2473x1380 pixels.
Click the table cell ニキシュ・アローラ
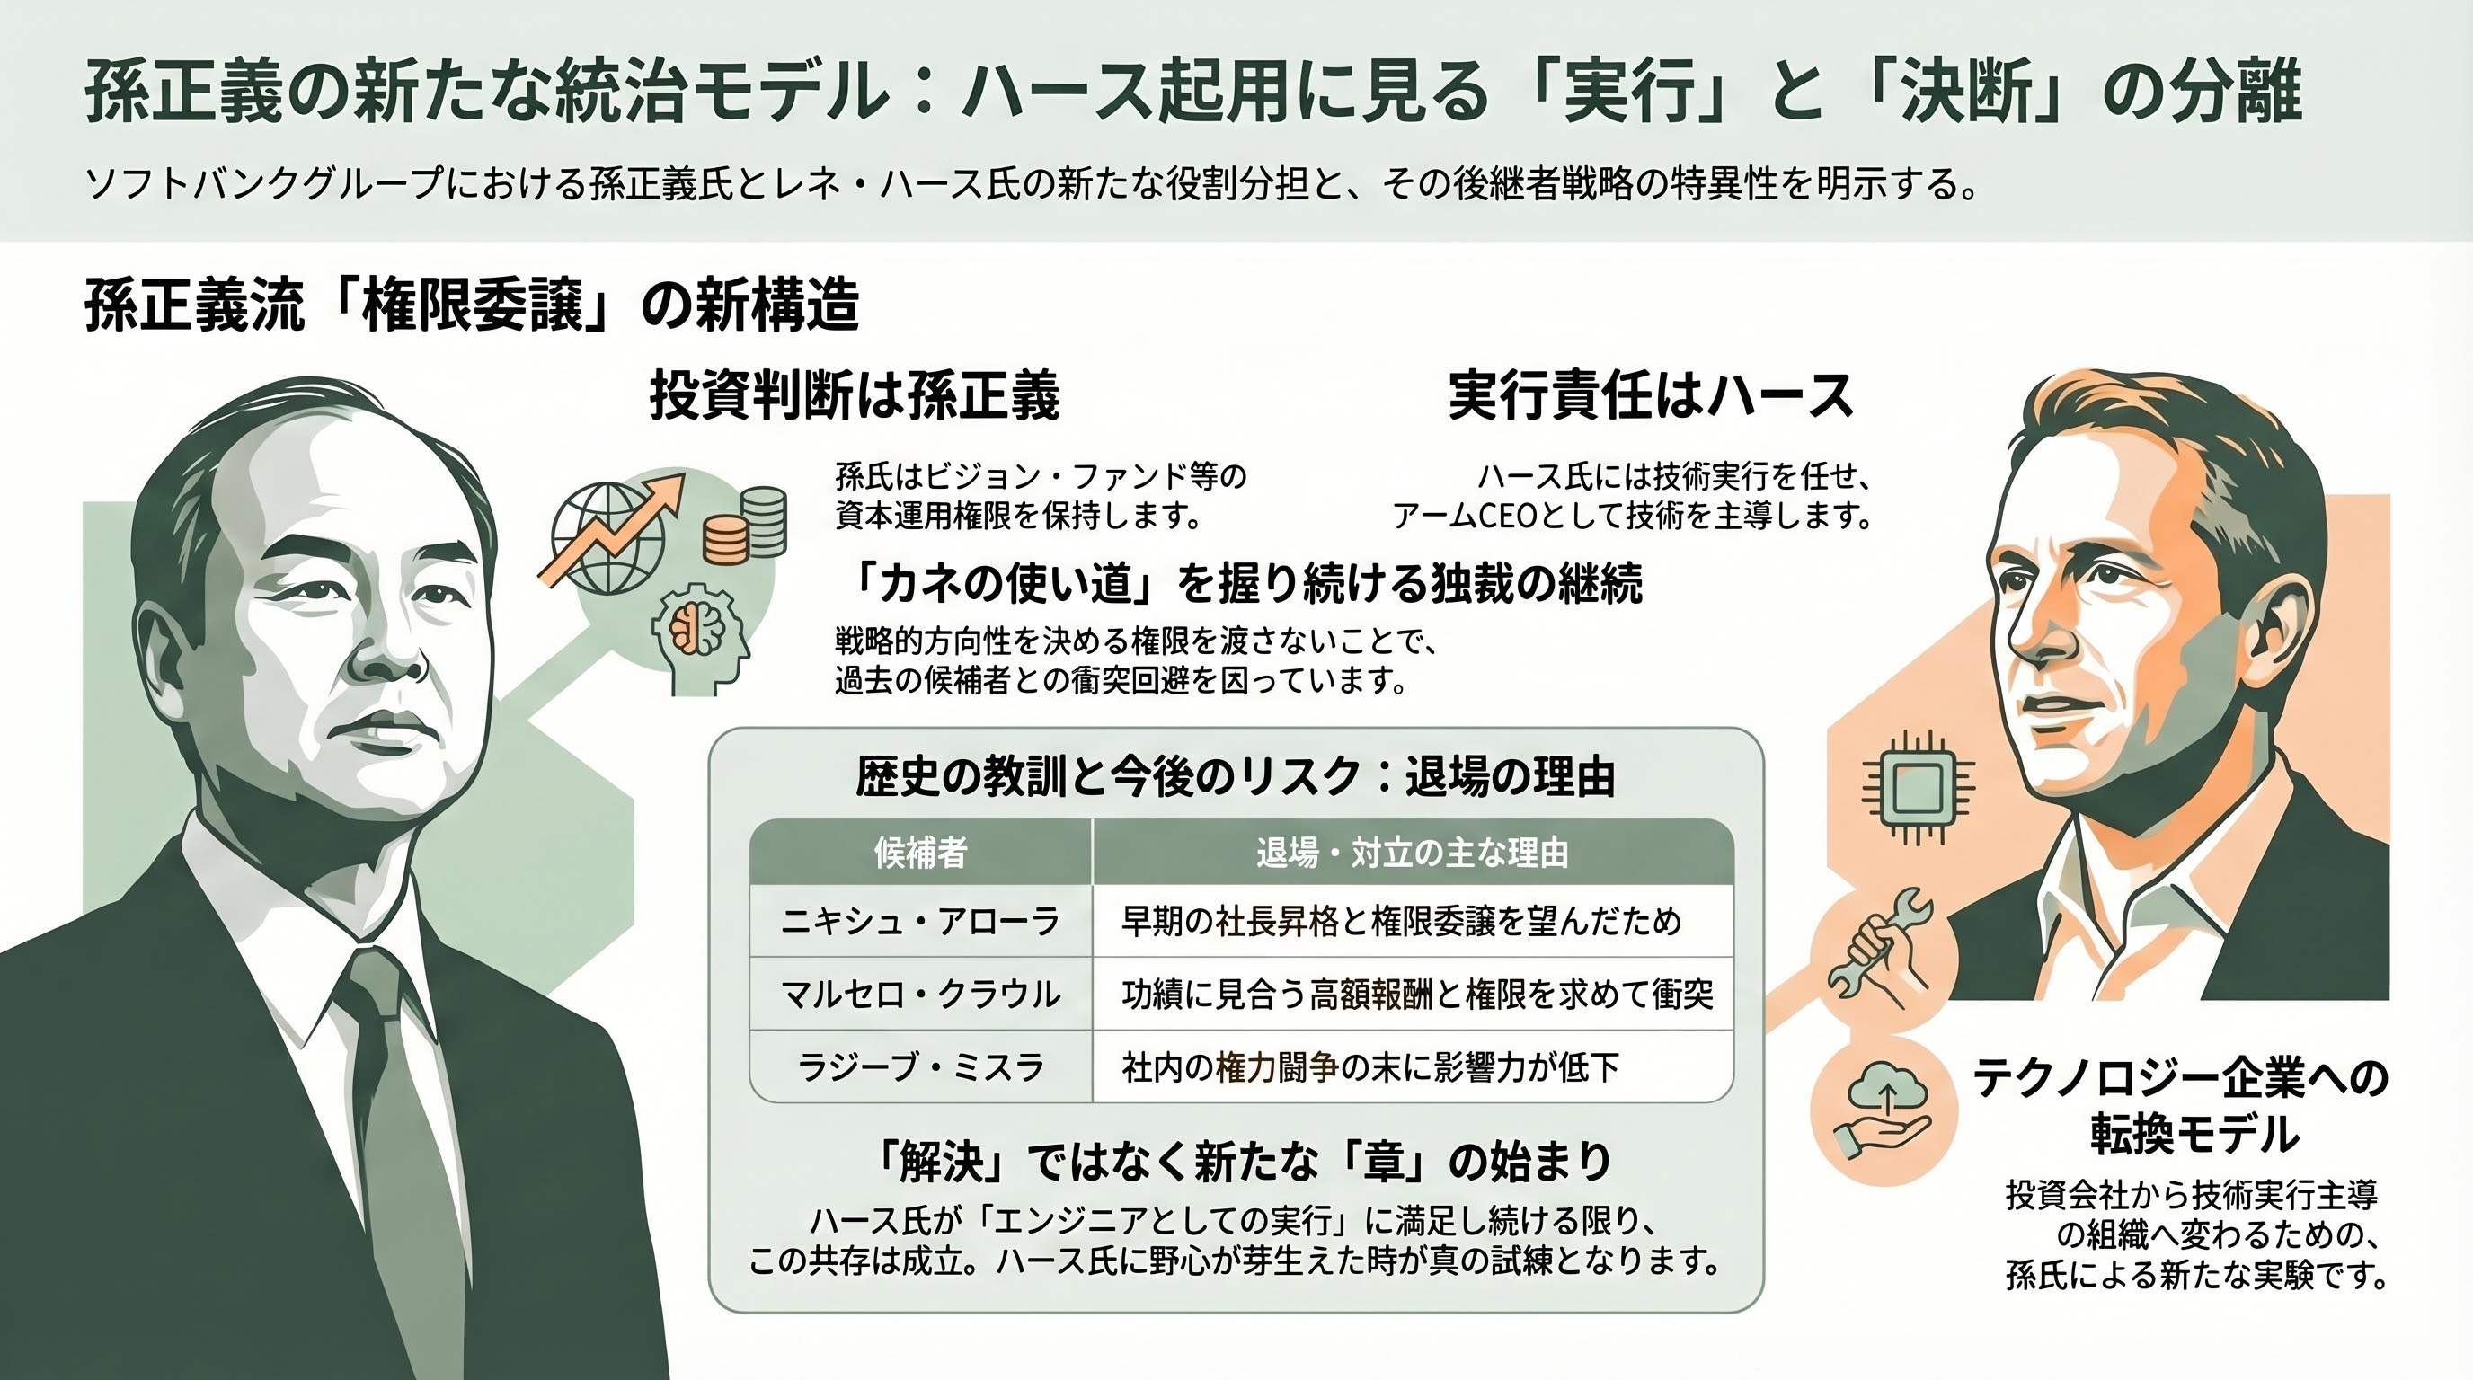(919, 921)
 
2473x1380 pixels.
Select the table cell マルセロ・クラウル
(919, 995)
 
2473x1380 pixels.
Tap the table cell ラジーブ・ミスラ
(919, 1067)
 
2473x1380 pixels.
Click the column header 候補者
(919, 853)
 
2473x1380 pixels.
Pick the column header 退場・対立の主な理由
(1413, 853)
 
